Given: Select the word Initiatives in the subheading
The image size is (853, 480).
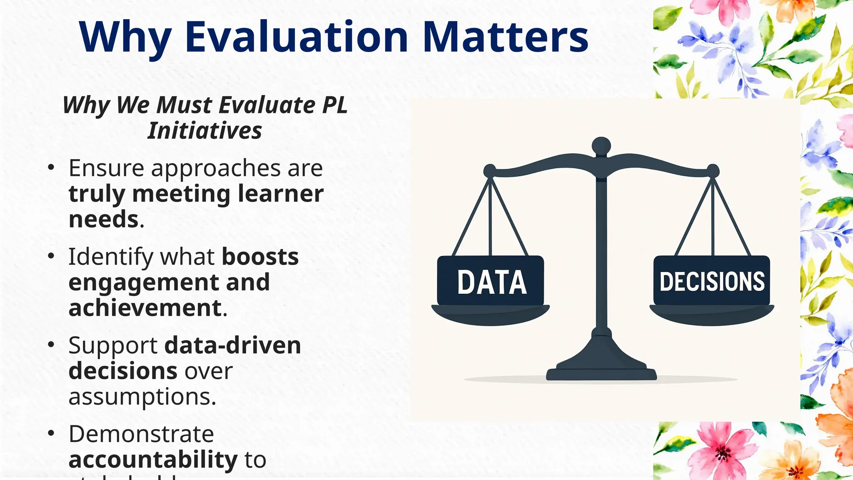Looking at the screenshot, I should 205,130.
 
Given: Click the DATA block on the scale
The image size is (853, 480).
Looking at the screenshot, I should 491,281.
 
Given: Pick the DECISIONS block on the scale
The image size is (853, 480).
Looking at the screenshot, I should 711,281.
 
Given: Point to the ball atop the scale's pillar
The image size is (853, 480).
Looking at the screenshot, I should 601,146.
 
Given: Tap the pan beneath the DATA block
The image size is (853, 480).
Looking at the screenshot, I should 490,315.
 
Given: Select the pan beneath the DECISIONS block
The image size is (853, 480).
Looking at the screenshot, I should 711,315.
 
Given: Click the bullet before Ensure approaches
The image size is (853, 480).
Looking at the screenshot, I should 51,167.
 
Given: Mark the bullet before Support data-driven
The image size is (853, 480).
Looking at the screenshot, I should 51,345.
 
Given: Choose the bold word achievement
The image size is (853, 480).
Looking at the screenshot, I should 145,308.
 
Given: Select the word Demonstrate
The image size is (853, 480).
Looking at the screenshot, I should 141,434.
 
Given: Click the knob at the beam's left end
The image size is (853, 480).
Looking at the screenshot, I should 490,171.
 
